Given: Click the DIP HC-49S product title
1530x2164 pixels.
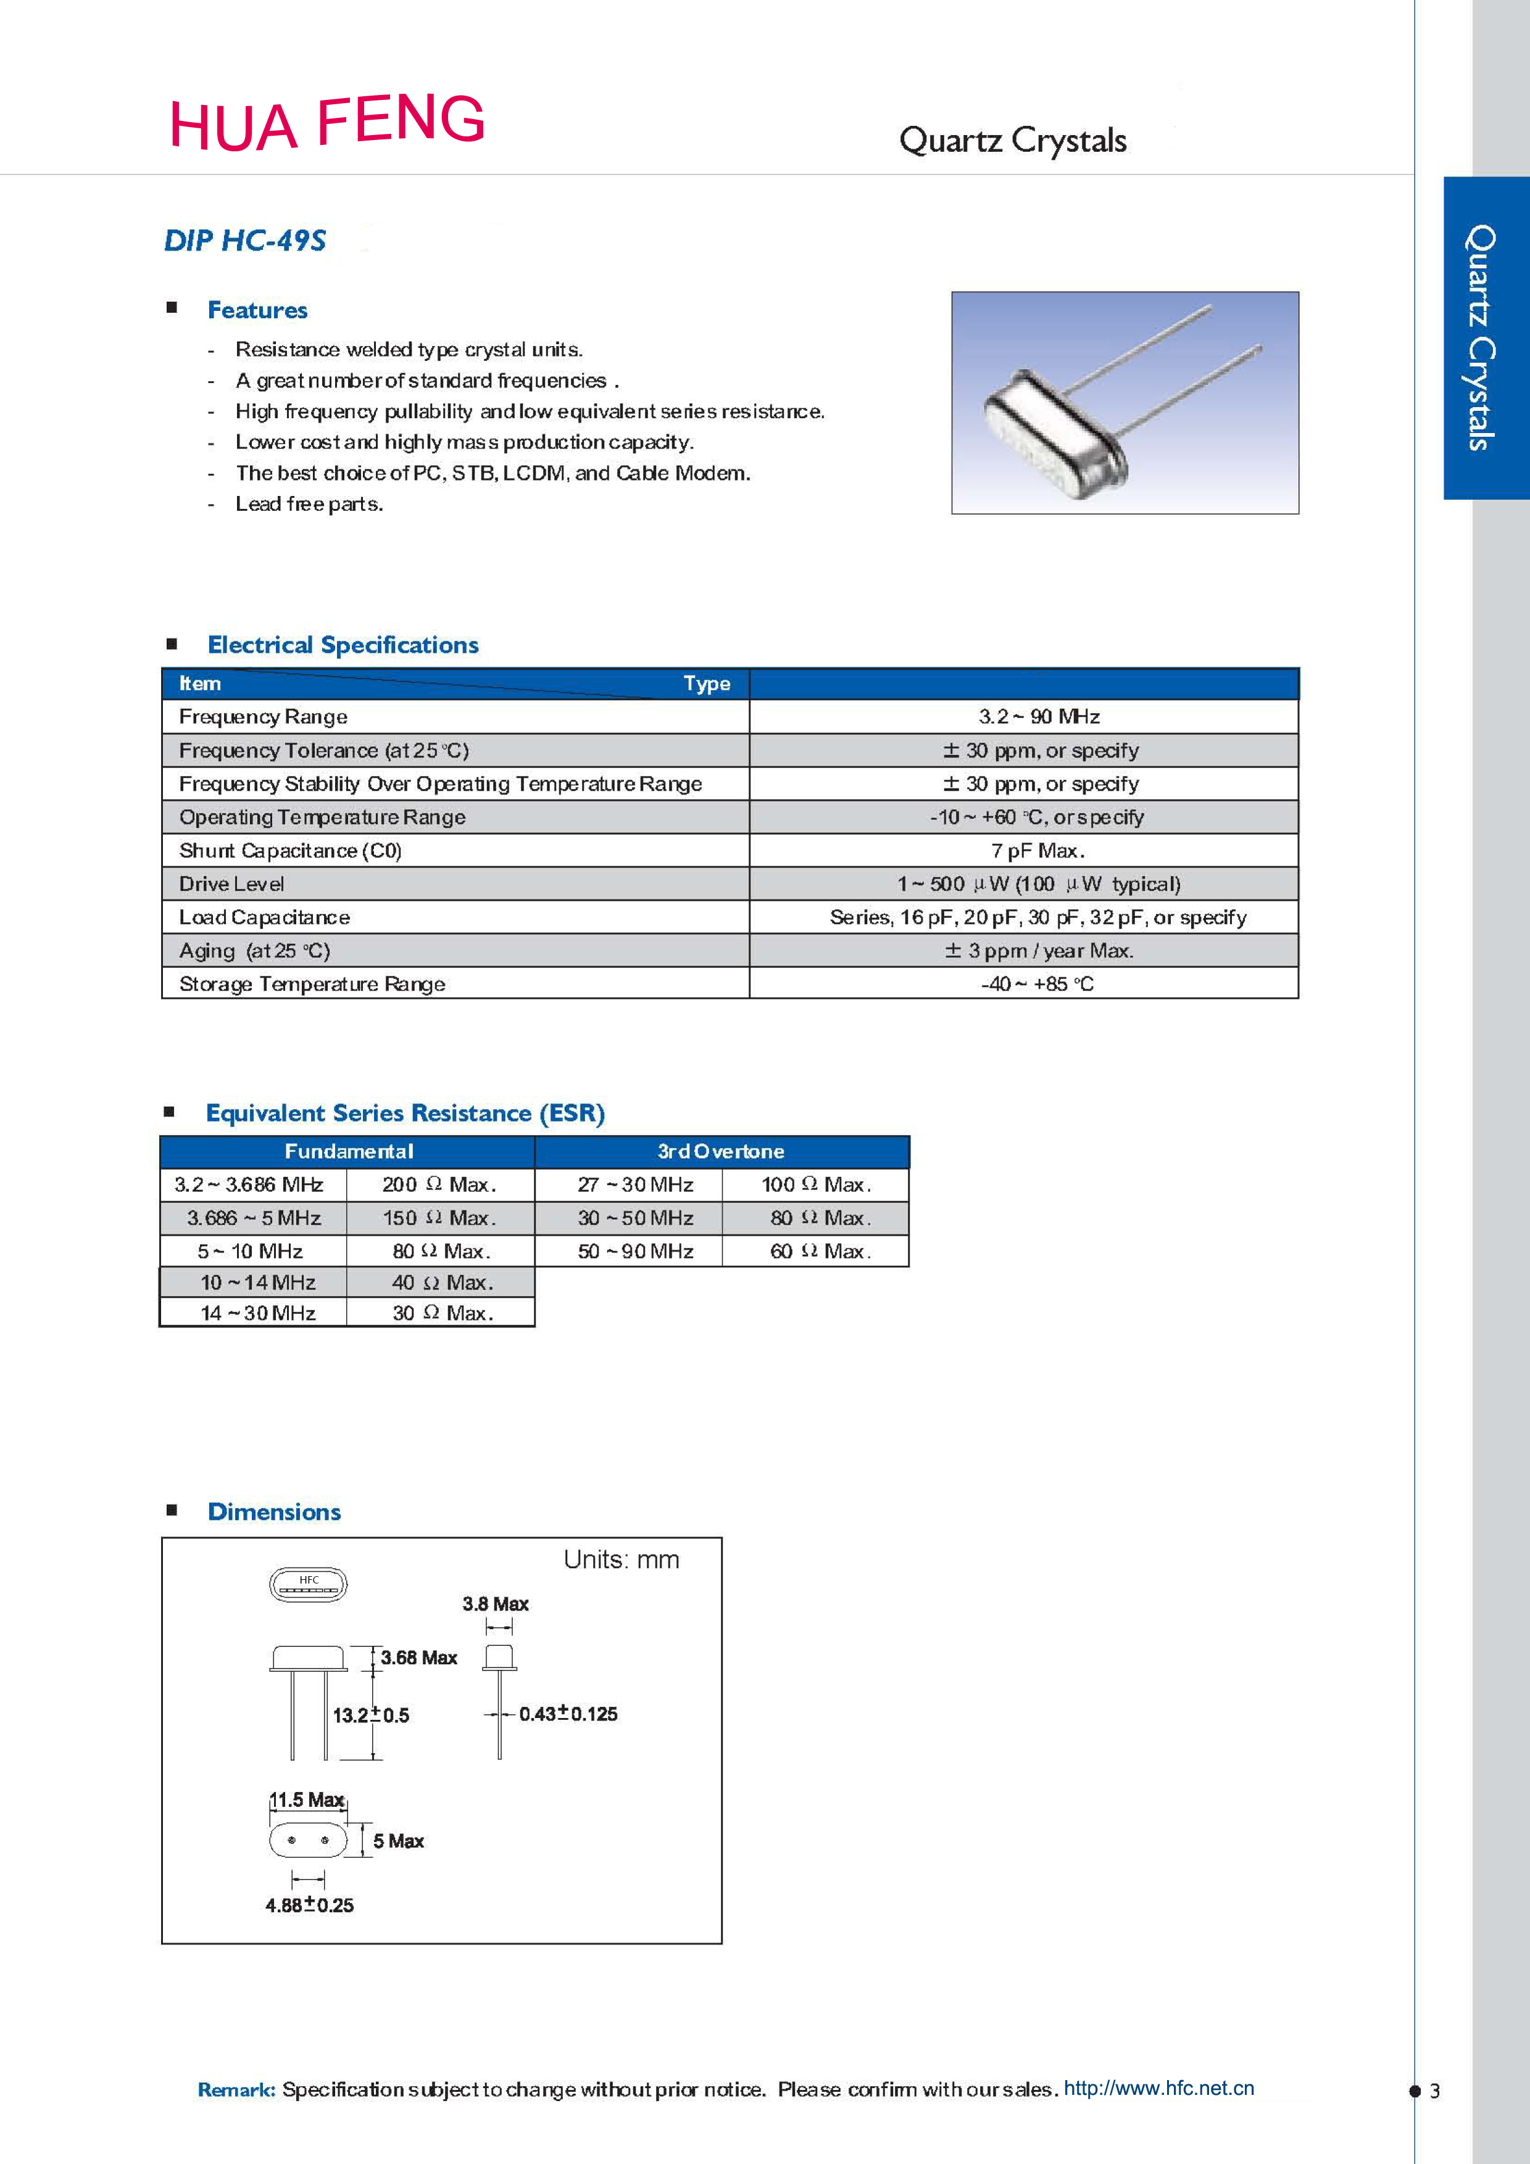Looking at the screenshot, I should click(245, 241).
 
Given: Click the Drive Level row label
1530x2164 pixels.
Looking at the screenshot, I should click(232, 884).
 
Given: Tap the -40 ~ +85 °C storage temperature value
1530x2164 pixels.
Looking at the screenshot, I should click(1037, 984).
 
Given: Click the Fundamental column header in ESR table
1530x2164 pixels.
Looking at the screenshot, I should click(349, 1152).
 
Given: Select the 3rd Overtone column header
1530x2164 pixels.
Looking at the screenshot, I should click(721, 1152).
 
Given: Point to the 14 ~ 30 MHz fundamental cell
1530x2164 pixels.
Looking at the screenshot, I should click(257, 1313).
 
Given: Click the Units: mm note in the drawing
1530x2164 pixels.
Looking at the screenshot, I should click(622, 1560).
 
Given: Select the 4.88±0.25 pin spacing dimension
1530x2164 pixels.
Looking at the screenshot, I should click(309, 1906).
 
